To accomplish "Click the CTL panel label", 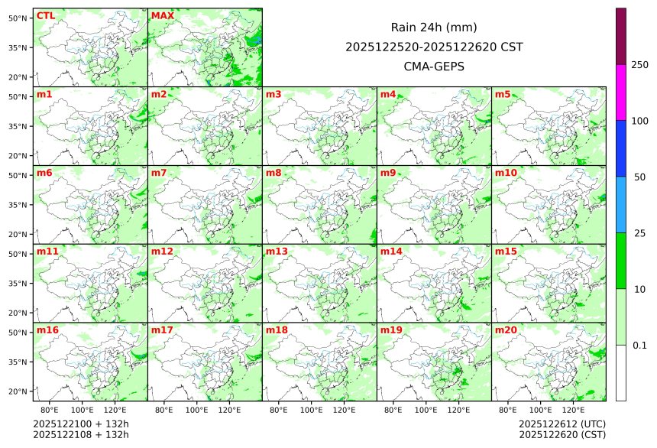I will click(x=45, y=16).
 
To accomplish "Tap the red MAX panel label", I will click(x=162, y=16).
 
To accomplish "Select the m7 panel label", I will click(x=160, y=173).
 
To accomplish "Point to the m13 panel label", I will click(x=277, y=252).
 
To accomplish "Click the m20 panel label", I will click(x=506, y=330).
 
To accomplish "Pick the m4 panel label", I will click(x=388, y=95).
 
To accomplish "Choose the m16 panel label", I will click(x=47, y=330).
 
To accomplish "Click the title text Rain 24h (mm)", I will click(x=434, y=28).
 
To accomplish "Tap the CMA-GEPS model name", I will click(x=434, y=66).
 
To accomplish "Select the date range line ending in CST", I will click(x=434, y=47).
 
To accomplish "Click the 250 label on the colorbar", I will click(x=639, y=64).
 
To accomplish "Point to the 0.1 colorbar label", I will click(x=639, y=346).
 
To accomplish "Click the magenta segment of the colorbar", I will click(x=621, y=92).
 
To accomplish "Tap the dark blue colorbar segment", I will click(x=621, y=148).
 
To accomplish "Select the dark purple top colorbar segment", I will click(x=621, y=36).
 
